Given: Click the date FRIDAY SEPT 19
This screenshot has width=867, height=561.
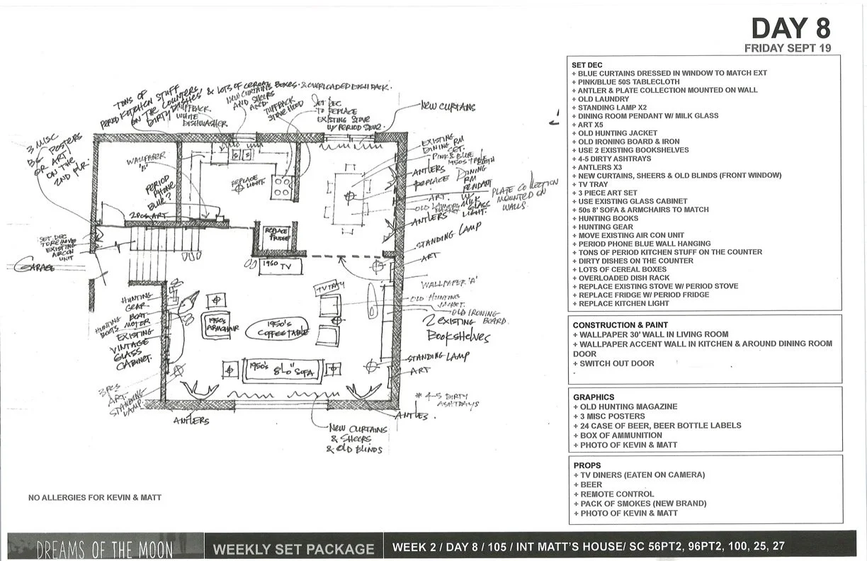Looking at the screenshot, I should [x=787, y=48].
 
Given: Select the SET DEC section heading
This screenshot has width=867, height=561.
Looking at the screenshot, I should [x=587, y=64].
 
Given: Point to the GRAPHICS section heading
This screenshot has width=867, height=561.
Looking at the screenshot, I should [x=594, y=397].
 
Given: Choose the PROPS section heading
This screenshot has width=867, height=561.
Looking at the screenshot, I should [x=587, y=465].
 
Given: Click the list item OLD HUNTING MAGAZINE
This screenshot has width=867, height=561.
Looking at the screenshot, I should [x=628, y=407].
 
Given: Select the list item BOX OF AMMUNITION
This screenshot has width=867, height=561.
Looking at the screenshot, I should [x=621, y=436].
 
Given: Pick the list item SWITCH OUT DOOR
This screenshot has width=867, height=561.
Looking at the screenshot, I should [x=616, y=363].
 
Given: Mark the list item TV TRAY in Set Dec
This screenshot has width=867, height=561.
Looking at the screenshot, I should [x=597, y=184].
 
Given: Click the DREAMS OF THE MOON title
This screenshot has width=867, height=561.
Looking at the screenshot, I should [x=104, y=548].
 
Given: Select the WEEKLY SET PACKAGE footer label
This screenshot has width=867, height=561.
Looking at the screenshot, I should [x=293, y=548].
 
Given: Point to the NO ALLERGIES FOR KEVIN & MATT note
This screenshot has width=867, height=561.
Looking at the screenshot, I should [x=95, y=497].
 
